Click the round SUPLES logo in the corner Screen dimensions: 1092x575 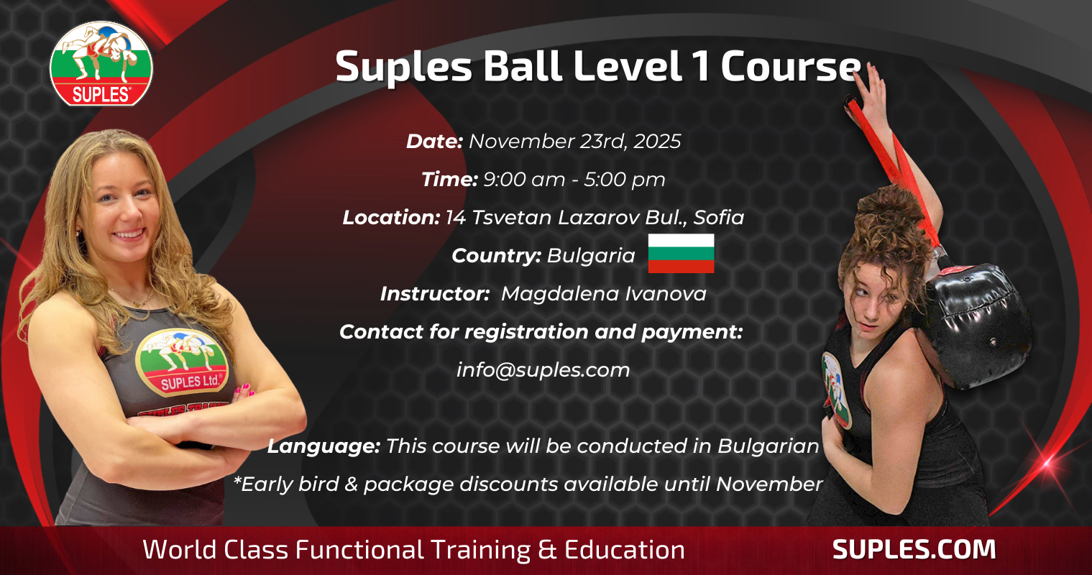101,63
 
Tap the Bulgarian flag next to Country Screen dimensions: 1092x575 681,254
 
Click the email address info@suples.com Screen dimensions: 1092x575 543,370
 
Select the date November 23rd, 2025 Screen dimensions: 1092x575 575,142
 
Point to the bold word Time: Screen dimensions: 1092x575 449,179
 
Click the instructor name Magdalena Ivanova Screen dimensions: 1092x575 604,294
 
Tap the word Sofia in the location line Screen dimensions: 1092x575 719,217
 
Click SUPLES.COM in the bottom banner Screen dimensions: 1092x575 914,550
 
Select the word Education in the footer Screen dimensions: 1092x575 625,550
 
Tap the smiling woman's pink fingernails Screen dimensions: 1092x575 244,390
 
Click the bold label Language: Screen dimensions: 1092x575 324,446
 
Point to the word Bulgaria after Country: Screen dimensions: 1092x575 591,255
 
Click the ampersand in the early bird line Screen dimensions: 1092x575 351,484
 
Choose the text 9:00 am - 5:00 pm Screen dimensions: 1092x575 574,179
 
